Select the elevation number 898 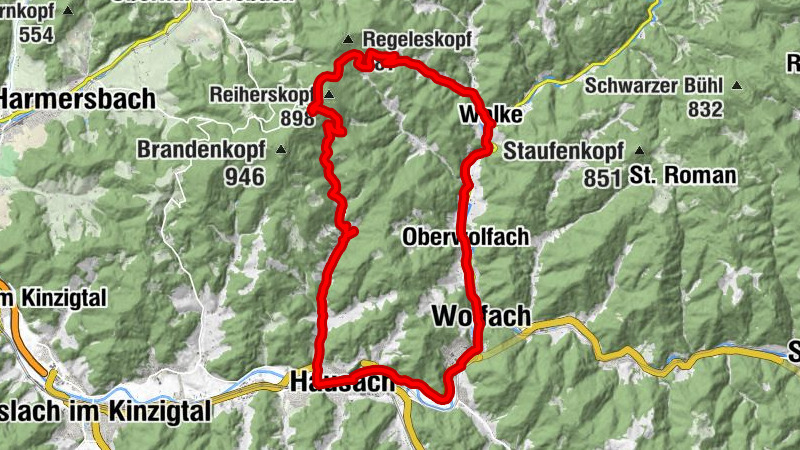click(297, 119)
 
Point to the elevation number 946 click(245, 177)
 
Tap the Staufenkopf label click(564, 152)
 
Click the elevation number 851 click(604, 178)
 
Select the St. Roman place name click(684, 176)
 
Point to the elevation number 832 click(705, 110)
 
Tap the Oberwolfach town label click(465, 237)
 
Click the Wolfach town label click(481, 316)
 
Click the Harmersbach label click(78, 99)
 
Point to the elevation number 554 click(36, 35)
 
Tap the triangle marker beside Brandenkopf click(281, 151)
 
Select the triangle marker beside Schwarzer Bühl click(737, 85)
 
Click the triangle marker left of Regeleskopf click(348, 40)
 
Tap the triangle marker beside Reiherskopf click(327, 95)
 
